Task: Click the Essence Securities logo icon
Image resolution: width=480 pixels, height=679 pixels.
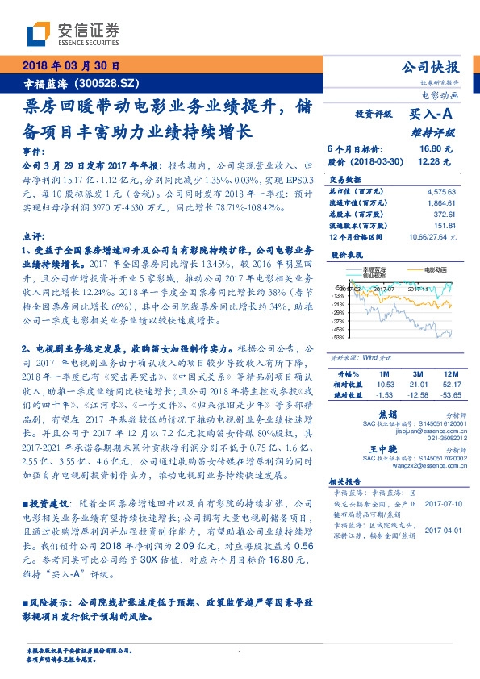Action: tap(37, 33)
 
